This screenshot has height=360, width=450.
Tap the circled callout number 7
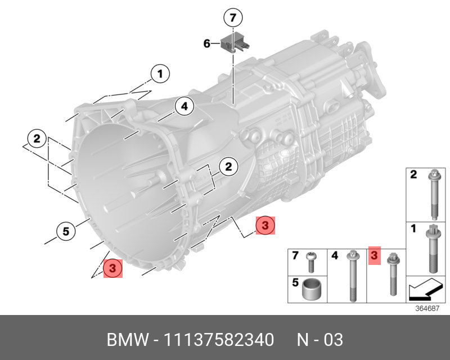[232, 17]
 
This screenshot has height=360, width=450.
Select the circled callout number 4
[184, 106]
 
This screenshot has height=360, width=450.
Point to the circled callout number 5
[66, 230]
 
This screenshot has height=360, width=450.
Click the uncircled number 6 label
[206, 43]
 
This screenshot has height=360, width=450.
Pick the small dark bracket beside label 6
[229, 42]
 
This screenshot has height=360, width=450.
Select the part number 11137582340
[219, 340]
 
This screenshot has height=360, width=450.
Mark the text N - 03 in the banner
[319, 340]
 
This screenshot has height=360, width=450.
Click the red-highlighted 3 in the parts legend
[373, 256]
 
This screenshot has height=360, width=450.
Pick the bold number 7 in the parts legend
[295, 256]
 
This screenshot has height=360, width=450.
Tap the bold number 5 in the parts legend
[295, 283]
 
